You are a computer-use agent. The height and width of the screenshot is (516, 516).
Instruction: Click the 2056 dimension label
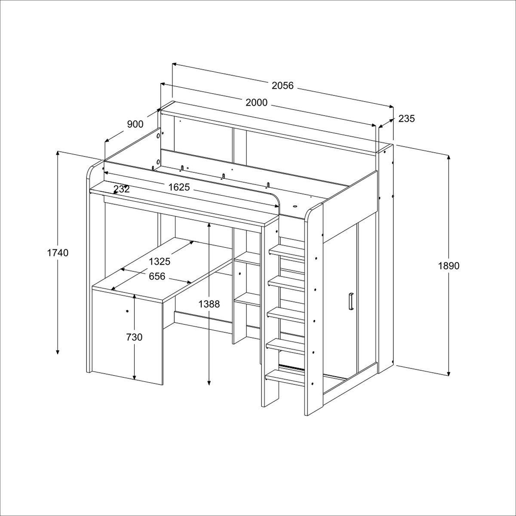tap(283, 86)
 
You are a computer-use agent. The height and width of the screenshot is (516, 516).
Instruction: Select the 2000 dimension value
tap(257, 103)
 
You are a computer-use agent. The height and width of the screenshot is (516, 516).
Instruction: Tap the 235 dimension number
tap(406, 118)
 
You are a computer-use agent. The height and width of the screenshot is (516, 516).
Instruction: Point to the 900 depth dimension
tap(135, 124)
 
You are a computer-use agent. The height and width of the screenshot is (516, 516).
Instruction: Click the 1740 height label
tap(58, 252)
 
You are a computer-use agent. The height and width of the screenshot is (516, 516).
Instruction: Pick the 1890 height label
tap(448, 266)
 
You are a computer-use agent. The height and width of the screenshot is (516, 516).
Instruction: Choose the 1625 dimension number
tap(179, 187)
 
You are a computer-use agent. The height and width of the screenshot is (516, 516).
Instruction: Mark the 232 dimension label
tap(122, 189)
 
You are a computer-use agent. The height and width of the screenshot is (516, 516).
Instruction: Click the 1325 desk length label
tap(160, 261)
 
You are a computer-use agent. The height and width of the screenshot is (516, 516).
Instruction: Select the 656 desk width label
tap(157, 276)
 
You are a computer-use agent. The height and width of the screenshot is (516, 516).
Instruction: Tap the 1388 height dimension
tap(209, 304)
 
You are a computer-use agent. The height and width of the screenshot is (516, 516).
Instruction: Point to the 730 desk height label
tap(134, 337)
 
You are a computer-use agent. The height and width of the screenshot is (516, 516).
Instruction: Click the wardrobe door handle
tap(351, 302)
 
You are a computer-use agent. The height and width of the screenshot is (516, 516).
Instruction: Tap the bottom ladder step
tap(286, 378)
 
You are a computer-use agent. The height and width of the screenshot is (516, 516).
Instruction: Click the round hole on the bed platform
tap(295, 206)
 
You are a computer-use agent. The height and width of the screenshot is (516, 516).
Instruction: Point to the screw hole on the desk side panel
tap(127, 311)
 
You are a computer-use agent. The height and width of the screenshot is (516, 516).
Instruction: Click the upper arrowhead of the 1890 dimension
tap(448, 157)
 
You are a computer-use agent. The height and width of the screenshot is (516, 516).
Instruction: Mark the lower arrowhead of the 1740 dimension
tap(58, 351)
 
